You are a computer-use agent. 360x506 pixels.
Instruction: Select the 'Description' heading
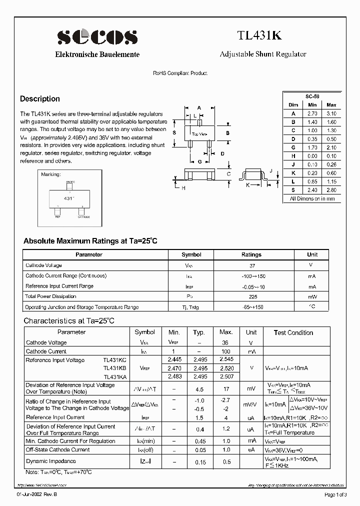tap(40, 99)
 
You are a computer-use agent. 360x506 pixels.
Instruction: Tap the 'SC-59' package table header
tap(312, 96)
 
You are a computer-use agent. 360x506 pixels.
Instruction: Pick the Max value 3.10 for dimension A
tap(331, 113)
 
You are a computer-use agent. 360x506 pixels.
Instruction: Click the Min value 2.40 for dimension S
tap(312, 190)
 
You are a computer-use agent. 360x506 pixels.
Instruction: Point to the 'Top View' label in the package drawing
tap(199, 134)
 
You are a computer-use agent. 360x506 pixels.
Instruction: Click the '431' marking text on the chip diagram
tap(68, 198)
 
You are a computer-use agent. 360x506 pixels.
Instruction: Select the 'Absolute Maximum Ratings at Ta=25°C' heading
tap(90, 241)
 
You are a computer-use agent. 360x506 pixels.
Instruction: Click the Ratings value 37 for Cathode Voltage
tap(251, 265)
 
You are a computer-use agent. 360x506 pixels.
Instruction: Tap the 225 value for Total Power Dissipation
tap(251, 296)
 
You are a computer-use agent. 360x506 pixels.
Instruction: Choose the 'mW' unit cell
tap(312, 296)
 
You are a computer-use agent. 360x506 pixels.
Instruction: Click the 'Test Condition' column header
tap(293, 332)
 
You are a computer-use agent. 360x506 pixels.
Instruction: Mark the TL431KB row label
tap(114, 368)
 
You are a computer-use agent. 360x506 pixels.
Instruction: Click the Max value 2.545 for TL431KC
tap(226, 359)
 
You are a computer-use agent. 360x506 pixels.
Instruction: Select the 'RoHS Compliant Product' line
tap(180, 73)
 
